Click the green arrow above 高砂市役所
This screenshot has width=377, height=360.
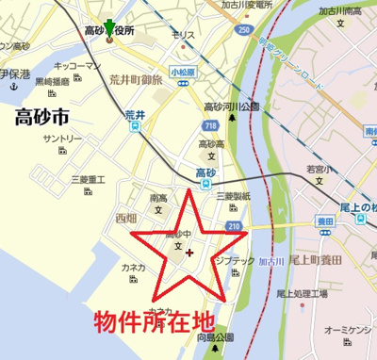click(x=110, y=25)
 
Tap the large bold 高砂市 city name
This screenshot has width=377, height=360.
click(x=42, y=118)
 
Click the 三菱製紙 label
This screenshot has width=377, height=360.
click(x=232, y=195)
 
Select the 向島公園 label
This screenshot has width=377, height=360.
click(x=212, y=336)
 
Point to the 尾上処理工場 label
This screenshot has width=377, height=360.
click(x=303, y=293)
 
